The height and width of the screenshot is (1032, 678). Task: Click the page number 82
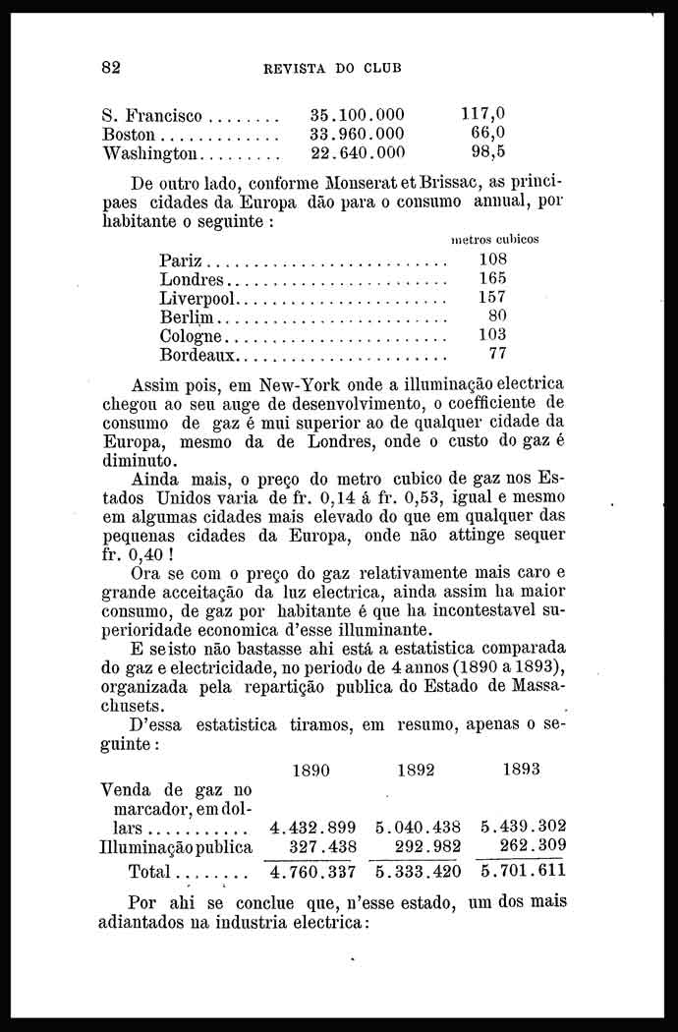111,68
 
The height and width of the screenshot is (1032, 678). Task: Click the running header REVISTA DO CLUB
332,69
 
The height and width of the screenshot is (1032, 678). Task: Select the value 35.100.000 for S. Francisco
357,114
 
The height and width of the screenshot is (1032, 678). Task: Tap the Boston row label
129,134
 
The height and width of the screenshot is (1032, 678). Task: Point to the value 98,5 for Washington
487,152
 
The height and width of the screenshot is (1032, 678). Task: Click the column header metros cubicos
493,239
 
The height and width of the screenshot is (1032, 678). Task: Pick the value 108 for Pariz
491,259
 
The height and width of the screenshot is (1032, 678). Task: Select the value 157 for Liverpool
491,297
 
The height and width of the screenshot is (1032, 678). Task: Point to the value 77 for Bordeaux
496,354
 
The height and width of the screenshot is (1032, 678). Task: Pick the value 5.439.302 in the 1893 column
523,828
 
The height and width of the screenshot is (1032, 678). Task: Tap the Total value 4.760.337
312,871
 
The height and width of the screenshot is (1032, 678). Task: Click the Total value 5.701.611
523,871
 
